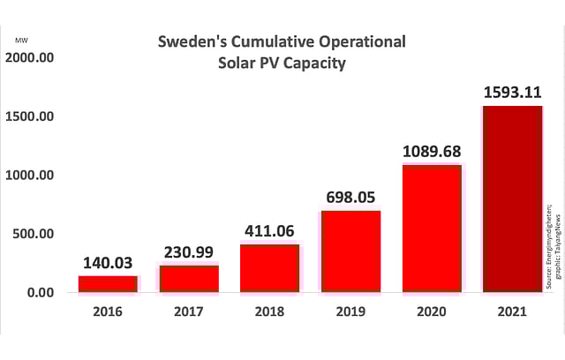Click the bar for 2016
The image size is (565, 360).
pyautogui.click(x=109, y=283)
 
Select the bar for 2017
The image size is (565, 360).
pyautogui.click(x=189, y=278)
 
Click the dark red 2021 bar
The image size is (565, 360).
pyautogui.click(x=512, y=199)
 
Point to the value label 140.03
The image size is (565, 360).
pyautogui.click(x=109, y=262)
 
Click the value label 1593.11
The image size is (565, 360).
pyautogui.click(x=512, y=92)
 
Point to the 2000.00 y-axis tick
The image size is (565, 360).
pyautogui.click(x=30, y=58)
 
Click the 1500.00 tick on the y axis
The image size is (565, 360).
pyautogui.click(x=30, y=116)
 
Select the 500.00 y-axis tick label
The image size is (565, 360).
pyautogui.click(x=34, y=234)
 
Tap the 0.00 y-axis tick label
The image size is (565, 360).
pyautogui.click(x=41, y=292)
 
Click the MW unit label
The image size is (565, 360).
pyautogui.click(x=20, y=39)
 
